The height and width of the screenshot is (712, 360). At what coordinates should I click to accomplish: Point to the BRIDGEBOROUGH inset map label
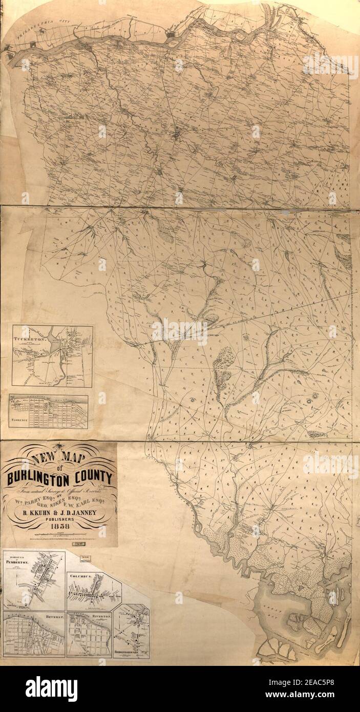[126, 651]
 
